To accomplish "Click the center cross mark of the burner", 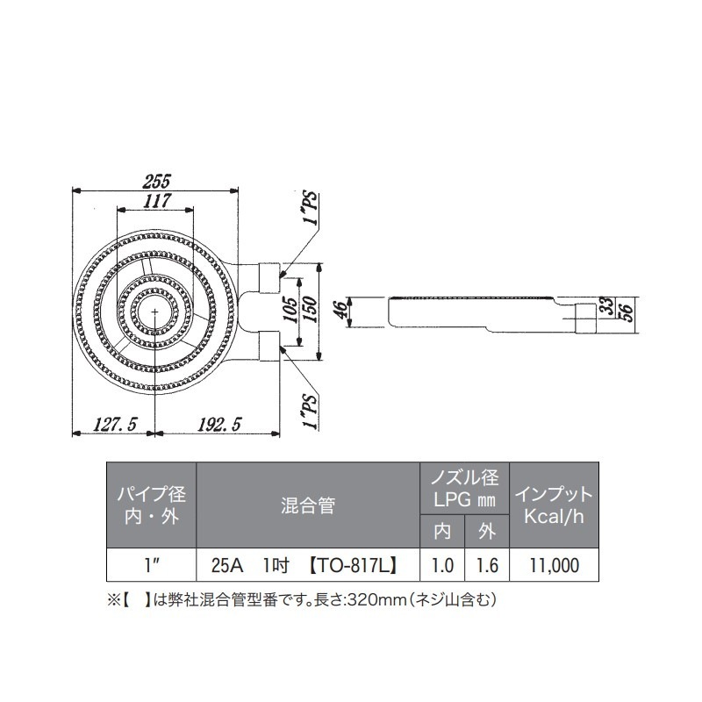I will [155, 312].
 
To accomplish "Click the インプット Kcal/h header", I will [553, 505].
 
